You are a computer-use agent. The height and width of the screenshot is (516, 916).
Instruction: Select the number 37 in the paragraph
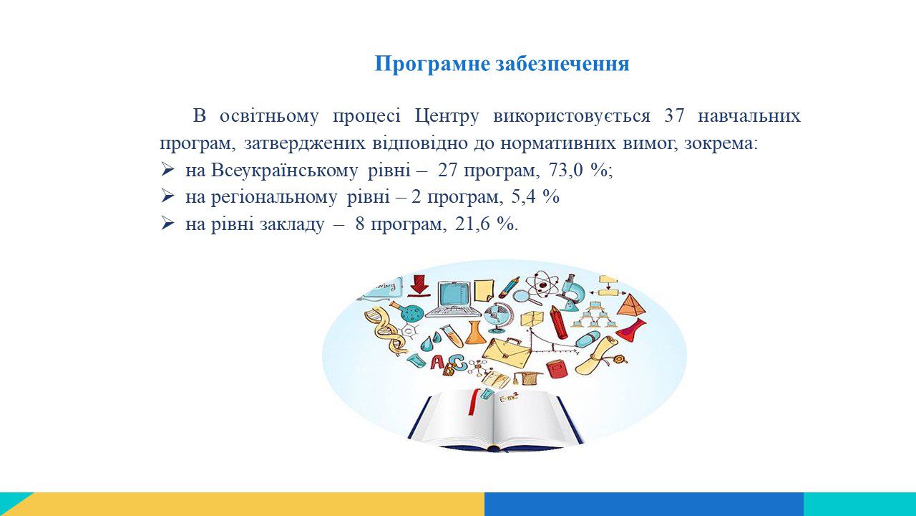(674, 116)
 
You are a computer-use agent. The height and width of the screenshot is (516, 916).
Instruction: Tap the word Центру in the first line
(447, 117)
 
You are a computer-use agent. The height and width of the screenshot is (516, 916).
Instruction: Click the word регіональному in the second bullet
(274, 198)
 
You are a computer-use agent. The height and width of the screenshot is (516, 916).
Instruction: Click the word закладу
(292, 224)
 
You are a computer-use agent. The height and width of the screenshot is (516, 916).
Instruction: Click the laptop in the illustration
(453, 300)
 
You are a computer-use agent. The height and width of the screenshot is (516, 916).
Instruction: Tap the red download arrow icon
(419, 285)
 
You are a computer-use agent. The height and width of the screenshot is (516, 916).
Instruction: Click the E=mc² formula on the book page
(509, 397)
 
